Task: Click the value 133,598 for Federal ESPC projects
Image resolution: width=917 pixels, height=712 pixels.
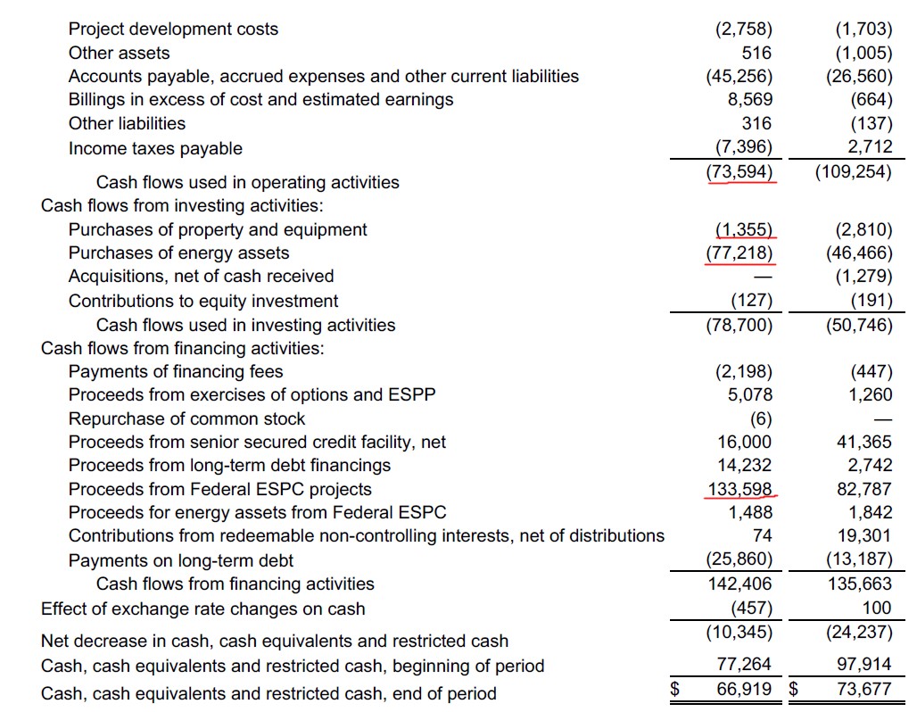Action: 739,489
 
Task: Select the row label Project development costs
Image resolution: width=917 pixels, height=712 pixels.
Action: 173,29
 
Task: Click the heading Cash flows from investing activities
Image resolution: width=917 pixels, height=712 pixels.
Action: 182,205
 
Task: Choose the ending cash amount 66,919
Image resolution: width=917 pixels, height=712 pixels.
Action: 744,689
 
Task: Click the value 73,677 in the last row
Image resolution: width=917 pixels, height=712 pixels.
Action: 864,689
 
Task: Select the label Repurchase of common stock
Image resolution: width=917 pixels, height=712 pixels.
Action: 186,418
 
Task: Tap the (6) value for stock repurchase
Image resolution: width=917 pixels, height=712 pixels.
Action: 761,418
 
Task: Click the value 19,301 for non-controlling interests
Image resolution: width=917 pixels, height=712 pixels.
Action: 864,535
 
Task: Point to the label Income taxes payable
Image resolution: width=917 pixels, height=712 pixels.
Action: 155,148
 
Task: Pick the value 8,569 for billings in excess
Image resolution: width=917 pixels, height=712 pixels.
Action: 749,99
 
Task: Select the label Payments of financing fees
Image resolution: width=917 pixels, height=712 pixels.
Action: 176,371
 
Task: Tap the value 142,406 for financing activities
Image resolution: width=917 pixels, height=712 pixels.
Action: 739,584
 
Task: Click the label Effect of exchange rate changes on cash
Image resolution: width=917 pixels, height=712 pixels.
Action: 202,609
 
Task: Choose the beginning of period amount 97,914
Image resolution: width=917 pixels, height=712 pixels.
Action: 864,664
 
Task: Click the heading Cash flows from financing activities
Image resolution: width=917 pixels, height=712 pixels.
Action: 183,348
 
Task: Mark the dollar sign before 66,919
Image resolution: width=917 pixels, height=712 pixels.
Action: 675,689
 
